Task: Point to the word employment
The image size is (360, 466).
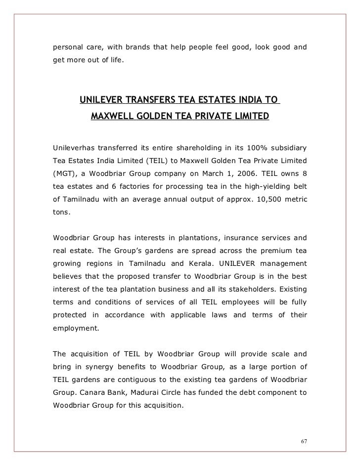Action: [x=75, y=327]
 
